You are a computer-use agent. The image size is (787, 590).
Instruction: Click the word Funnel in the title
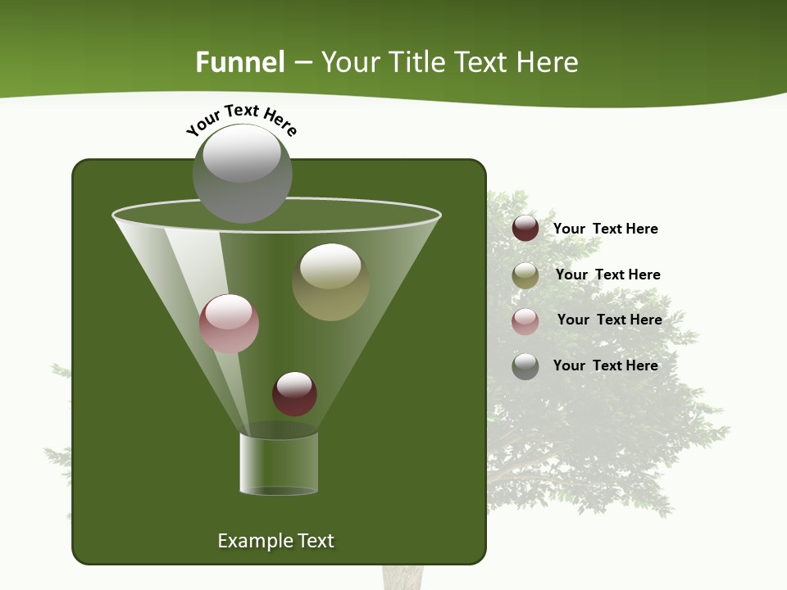[x=240, y=62]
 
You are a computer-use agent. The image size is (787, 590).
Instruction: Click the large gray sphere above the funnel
[x=243, y=173]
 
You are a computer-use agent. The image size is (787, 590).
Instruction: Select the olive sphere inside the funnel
[x=330, y=282]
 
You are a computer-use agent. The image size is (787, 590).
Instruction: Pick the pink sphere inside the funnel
[x=229, y=324]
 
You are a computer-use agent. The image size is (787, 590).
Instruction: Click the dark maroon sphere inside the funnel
[x=294, y=394]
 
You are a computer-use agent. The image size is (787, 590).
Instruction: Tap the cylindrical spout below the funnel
[x=279, y=464]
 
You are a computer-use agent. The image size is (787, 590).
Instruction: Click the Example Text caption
[x=275, y=541]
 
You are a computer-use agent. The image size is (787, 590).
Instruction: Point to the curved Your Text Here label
[x=241, y=119]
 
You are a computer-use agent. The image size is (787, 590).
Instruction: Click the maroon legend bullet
[x=525, y=229]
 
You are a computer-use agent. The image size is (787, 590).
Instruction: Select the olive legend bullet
[x=525, y=275]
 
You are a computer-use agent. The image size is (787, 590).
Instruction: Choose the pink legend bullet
[x=525, y=321]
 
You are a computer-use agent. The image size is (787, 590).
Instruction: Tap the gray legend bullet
[x=525, y=366]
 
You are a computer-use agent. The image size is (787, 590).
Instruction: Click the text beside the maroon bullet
[x=605, y=229]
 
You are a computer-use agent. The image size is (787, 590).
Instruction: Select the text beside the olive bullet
[x=607, y=275]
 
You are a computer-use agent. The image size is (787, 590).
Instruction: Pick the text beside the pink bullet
[x=609, y=320]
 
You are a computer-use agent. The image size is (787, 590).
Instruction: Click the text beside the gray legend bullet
[x=605, y=365]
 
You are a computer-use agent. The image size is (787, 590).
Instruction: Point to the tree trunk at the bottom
[x=403, y=578]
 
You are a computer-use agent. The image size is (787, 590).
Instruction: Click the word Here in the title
[x=548, y=62]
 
